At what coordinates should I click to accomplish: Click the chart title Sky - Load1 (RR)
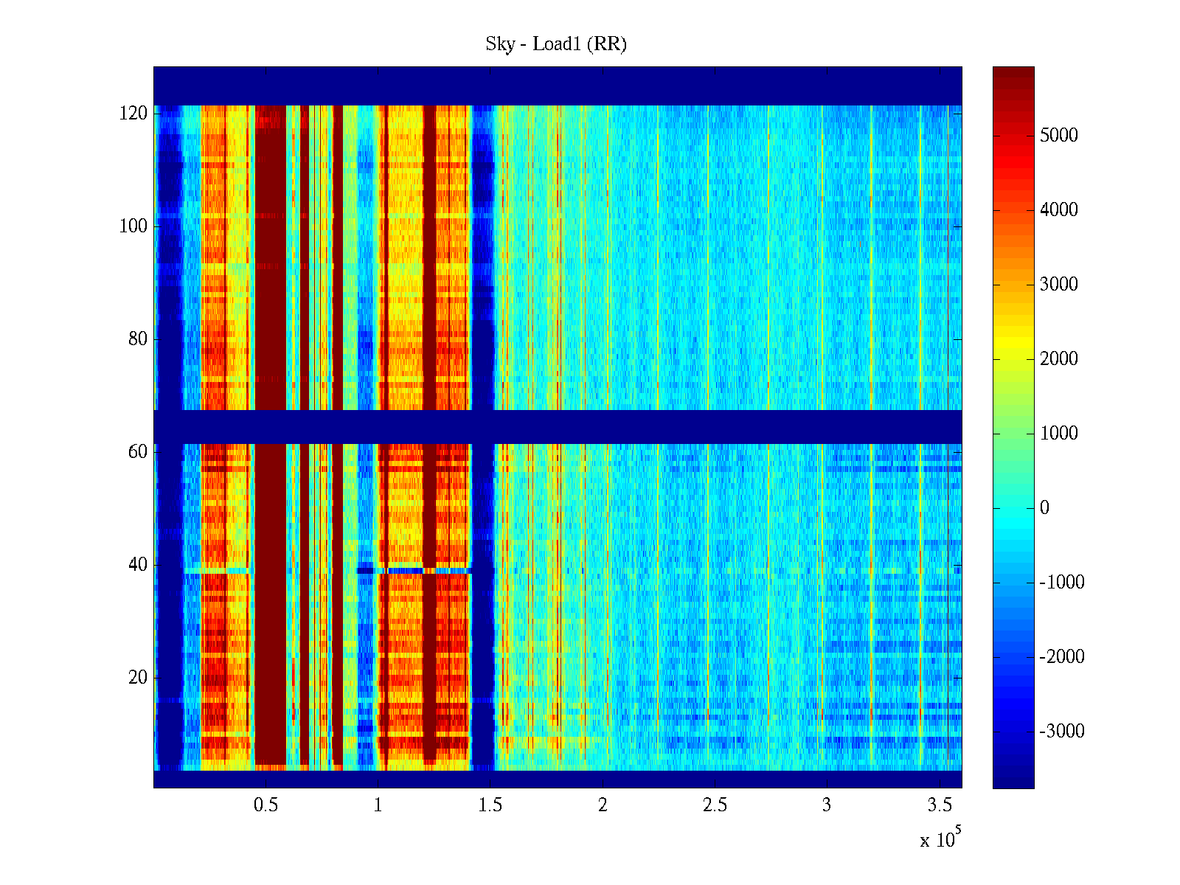tap(556, 44)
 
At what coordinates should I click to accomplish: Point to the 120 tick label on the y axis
tap(133, 114)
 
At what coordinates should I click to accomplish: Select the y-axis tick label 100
tap(133, 226)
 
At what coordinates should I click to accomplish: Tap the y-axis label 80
tap(138, 339)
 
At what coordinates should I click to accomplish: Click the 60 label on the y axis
tap(138, 452)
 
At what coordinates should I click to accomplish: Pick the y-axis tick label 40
tap(138, 565)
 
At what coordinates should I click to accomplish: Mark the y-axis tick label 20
tap(138, 678)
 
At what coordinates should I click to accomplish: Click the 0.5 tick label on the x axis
tap(266, 805)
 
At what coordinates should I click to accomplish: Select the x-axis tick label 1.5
tap(490, 805)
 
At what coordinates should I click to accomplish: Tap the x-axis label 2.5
tap(715, 805)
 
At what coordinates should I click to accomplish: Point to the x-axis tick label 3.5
tap(939, 805)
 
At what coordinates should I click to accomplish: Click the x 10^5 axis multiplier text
tap(940, 839)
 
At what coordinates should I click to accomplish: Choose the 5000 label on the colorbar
tap(1059, 136)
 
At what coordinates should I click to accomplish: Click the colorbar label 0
tap(1044, 508)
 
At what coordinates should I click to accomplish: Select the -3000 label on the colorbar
tap(1062, 732)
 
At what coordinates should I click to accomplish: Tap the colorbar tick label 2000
tap(1059, 359)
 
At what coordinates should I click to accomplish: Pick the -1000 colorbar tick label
tap(1062, 583)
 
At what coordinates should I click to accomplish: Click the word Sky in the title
tap(499, 44)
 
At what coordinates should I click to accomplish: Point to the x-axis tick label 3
tap(827, 805)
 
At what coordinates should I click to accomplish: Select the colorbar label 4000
tap(1059, 210)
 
